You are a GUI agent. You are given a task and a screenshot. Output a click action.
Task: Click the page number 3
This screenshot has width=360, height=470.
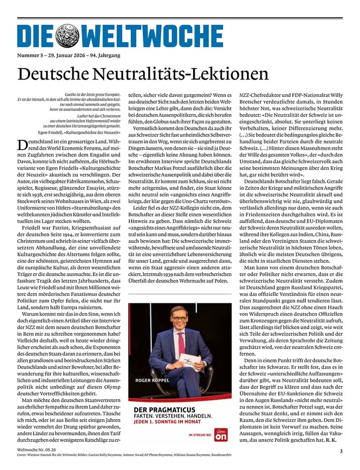[341, 451]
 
